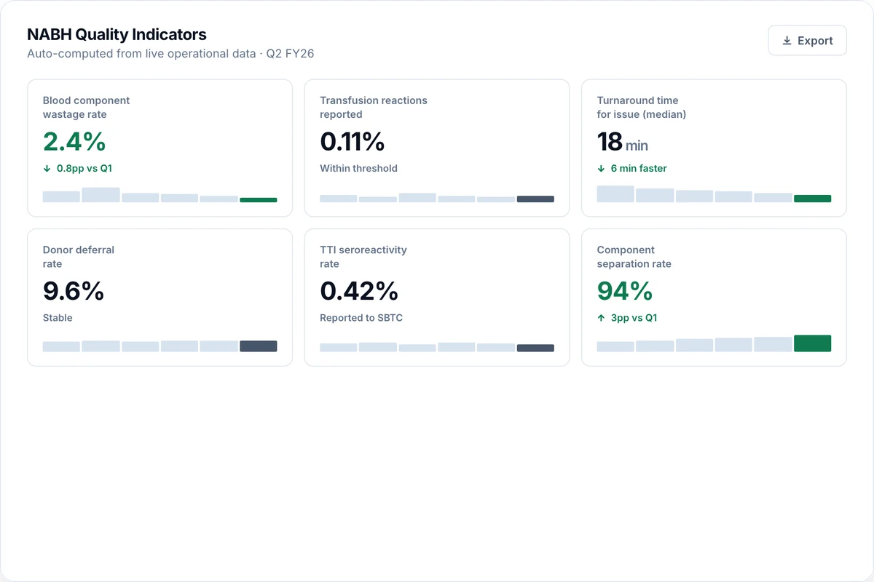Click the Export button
click(x=807, y=41)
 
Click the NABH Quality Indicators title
click(x=117, y=34)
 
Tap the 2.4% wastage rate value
click(x=74, y=141)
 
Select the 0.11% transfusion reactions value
click(x=352, y=141)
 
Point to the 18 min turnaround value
click(x=622, y=142)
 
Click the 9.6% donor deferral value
click(x=74, y=291)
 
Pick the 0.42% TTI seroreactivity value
click(x=359, y=291)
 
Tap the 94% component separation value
click(x=625, y=291)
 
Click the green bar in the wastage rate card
click(x=259, y=200)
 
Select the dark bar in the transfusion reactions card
click(x=535, y=199)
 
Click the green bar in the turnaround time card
click(x=812, y=199)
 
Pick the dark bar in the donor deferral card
click(x=259, y=346)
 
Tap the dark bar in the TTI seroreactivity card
click(x=535, y=348)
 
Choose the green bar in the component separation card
click(x=812, y=343)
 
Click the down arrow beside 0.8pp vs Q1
click(x=47, y=168)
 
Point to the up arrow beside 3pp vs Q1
click(x=601, y=318)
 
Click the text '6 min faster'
click(x=639, y=168)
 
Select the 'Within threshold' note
click(x=358, y=168)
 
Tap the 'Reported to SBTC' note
click(x=361, y=318)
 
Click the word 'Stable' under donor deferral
click(x=58, y=318)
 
